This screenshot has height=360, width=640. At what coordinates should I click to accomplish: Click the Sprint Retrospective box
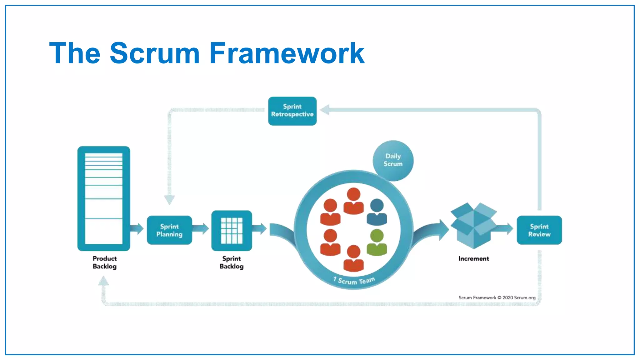pos(292,111)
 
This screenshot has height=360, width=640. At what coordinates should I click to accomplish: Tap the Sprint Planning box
pos(169,230)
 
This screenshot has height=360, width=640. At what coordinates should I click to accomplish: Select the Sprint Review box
pos(539,230)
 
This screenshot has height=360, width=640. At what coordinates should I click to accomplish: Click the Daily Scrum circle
pos(393,160)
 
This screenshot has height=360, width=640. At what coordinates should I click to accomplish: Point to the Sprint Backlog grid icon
pos(232,231)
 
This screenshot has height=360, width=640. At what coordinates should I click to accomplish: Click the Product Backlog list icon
pos(104,198)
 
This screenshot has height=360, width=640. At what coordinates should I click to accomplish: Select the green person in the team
pos(377,242)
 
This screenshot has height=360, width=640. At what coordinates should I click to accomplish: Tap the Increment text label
pos(473,258)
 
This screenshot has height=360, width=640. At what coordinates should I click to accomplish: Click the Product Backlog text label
pos(105,262)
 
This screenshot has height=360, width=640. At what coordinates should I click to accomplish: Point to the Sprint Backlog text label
pos(232,262)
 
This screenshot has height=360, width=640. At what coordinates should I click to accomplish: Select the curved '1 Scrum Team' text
pos(354,281)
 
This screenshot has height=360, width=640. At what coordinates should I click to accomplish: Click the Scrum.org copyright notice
pos(497,297)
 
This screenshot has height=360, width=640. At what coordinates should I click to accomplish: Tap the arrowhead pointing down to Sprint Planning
pos(169,200)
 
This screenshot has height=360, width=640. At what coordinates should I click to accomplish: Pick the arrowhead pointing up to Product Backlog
pos(103,281)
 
